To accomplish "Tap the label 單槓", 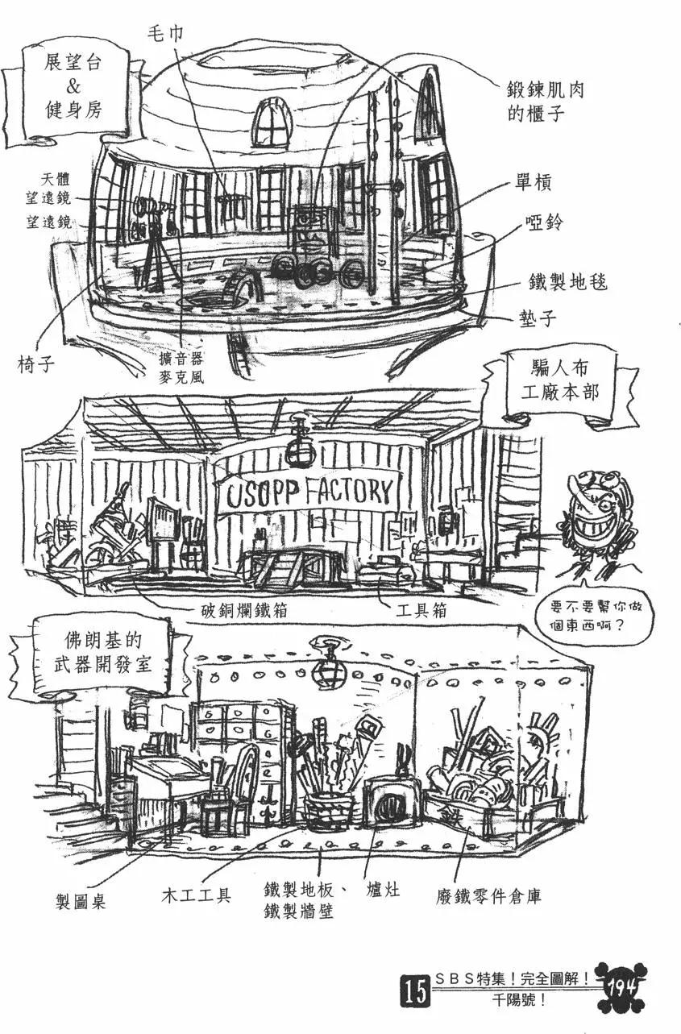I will coord(533,184).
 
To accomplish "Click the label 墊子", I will coord(537,318).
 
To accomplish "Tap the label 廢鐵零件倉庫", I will coord(496,895).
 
